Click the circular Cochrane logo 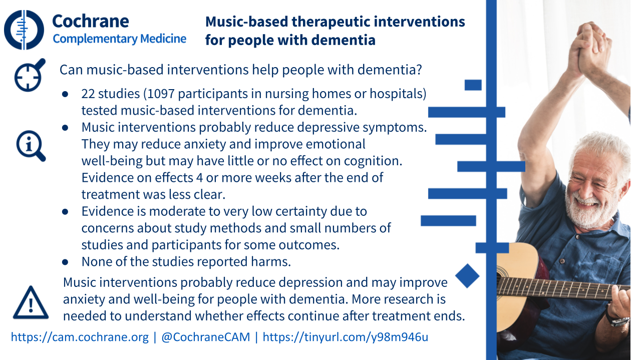coord(24,30)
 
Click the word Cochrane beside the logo coord(91,21)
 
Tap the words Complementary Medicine coord(120,39)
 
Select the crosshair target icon coord(30,75)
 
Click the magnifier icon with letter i coord(31,146)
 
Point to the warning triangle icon coord(31,302)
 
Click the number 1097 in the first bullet coord(161,94)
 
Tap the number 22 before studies coord(88,94)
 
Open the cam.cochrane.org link coord(80,337)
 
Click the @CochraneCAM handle coord(205,337)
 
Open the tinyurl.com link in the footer coord(345,337)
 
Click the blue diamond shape coord(467,276)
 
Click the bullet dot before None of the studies coord(65,262)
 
